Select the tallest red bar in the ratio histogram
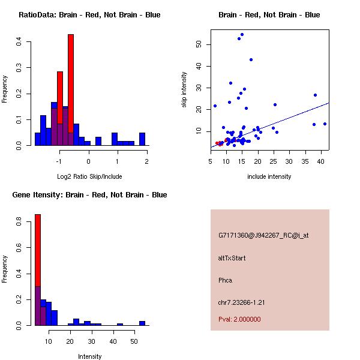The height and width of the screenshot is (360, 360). click(x=71, y=84)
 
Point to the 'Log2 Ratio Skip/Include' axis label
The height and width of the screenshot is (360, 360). click(x=89, y=176)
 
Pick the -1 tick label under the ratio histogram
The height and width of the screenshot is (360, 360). click(x=59, y=161)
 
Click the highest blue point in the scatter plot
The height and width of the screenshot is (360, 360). click(x=242, y=34)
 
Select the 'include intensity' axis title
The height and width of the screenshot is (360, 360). click(x=269, y=176)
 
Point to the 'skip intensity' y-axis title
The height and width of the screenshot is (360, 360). click(x=184, y=90)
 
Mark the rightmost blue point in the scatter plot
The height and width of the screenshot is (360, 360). click(x=325, y=124)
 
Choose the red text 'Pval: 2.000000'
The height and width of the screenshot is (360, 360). click(x=239, y=319)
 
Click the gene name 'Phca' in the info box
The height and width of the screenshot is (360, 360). click(x=225, y=280)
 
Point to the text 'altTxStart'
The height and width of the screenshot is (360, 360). click(x=232, y=258)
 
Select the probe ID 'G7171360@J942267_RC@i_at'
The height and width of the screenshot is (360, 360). click(x=263, y=236)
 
